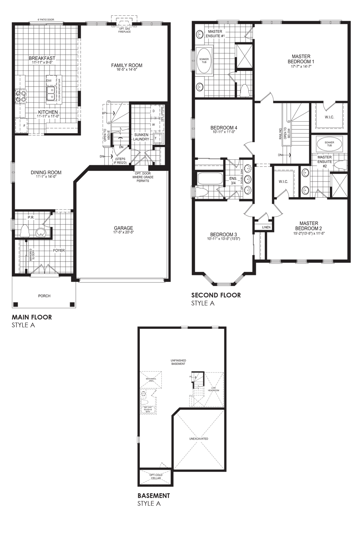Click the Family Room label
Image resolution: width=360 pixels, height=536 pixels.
pos(127,65)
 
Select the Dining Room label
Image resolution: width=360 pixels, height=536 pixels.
pos(46,172)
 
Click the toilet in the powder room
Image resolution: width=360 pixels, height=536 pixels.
pos(25,231)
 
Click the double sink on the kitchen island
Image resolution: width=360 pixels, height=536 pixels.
pos(51,93)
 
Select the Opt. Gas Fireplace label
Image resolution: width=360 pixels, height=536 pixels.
pos(124,30)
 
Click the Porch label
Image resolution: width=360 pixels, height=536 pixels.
pos(44,296)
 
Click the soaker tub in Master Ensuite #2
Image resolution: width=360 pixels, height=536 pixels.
pos(329,144)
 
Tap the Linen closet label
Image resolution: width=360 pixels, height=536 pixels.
pos(266,227)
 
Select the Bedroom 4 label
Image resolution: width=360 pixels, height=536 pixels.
pos(224,127)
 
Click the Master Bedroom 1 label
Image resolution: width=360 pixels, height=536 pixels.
pos(301,59)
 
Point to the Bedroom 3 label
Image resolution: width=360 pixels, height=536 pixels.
pos(223,234)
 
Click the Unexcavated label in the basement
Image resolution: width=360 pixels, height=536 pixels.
pos(199,438)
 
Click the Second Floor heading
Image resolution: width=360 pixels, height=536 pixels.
pos(216,295)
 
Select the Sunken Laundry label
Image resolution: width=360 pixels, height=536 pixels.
pos(141,137)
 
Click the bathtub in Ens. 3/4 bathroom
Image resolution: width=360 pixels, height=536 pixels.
pos(209,178)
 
